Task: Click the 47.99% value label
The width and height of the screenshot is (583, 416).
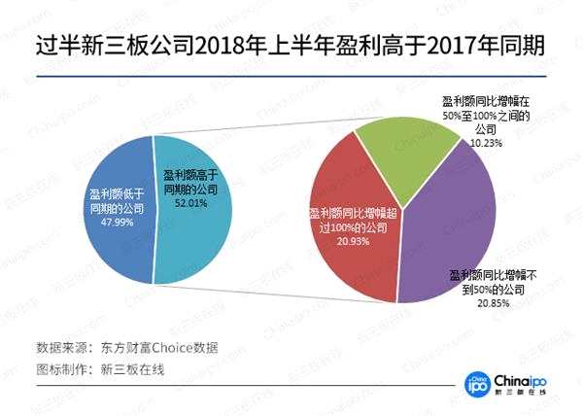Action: [x=104, y=221]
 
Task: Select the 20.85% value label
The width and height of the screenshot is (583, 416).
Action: [x=491, y=304]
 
